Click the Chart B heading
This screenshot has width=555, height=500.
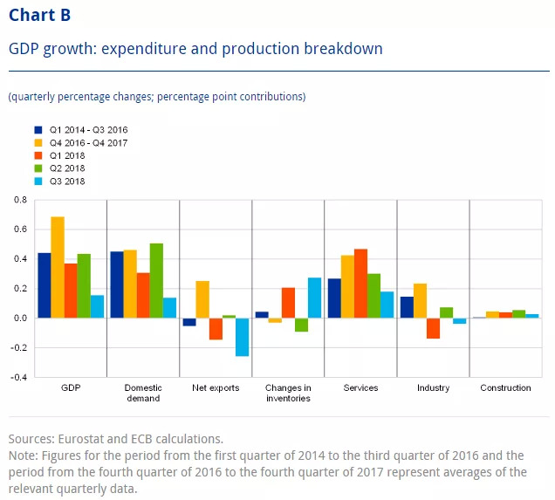coord(40,16)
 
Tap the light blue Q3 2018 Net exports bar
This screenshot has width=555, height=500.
coord(242,337)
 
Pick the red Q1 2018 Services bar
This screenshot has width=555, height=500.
coord(360,284)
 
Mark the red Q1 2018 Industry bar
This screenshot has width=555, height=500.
coord(433,328)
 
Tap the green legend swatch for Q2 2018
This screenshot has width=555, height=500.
coord(38,168)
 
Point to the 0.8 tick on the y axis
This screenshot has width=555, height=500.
coord(19,201)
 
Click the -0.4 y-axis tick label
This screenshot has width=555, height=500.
coord(17,378)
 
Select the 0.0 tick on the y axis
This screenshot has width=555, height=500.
coord(19,318)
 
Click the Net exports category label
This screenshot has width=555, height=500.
coord(215,387)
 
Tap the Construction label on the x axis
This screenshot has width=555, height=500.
coord(505,387)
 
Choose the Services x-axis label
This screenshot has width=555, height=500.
coord(360,387)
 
